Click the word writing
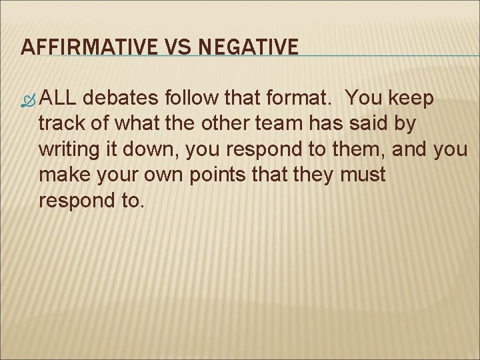tap(70, 149)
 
